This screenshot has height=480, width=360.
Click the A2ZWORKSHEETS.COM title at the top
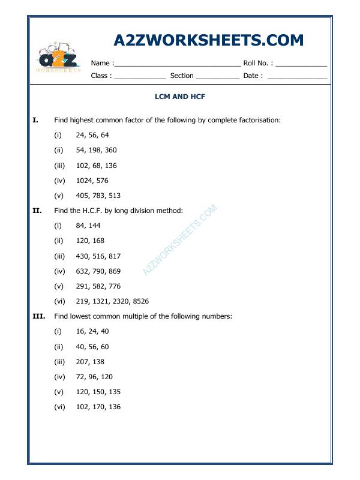coord(208,40)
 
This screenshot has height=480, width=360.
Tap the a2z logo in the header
coord(59,58)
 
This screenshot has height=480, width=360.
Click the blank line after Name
coord(177,64)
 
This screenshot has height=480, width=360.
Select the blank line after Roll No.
coord(301,64)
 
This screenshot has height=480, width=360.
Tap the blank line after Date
coord(297,77)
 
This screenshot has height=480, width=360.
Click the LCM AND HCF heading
coord(180,96)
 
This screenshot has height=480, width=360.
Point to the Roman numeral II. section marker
coord(37,211)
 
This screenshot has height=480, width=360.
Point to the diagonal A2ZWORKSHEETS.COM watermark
coord(179,240)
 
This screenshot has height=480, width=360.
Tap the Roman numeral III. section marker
coord(38,316)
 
